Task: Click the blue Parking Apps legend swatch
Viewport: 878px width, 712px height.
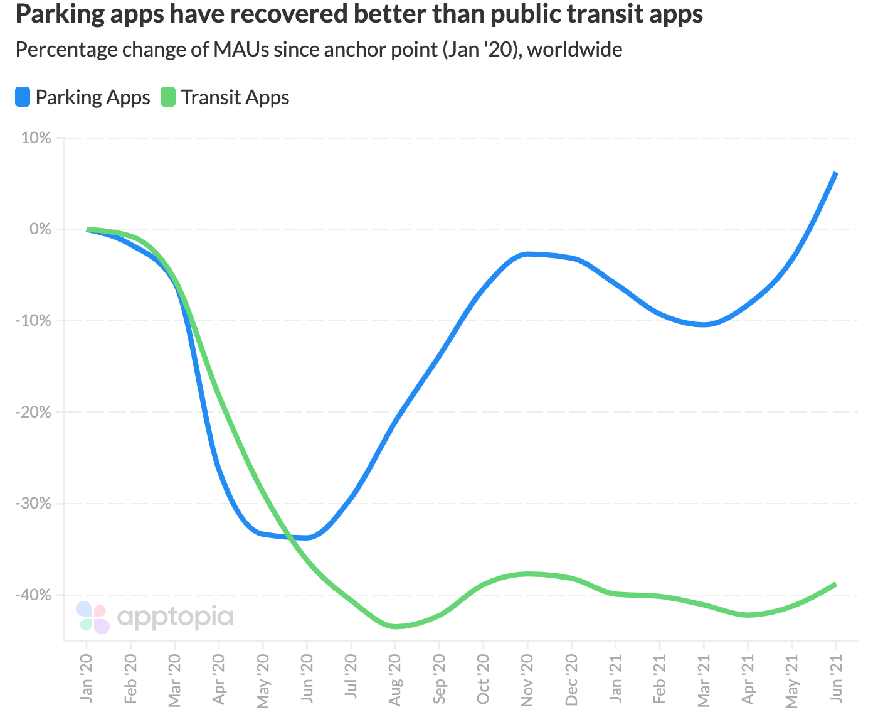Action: coord(23,97)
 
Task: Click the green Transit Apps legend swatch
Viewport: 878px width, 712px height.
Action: coord(167,97)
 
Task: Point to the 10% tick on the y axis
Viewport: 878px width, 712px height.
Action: coord(36,138)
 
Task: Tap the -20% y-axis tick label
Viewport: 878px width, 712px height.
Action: coord(33,412)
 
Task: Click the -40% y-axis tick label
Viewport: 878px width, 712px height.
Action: coord(33,595)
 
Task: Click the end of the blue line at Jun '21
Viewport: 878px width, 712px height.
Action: coord(835,173)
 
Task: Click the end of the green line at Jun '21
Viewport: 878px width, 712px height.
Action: coord(835,585)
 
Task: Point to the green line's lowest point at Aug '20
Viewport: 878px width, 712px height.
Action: coord(395,627)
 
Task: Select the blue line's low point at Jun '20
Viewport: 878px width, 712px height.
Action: coord(307,537)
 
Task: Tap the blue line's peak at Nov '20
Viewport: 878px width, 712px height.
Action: coord(527,254)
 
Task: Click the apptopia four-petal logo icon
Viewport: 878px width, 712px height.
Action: coord(93,617)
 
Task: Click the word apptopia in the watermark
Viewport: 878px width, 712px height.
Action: coord(175,617)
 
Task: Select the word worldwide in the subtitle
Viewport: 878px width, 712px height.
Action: coord(574,49)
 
